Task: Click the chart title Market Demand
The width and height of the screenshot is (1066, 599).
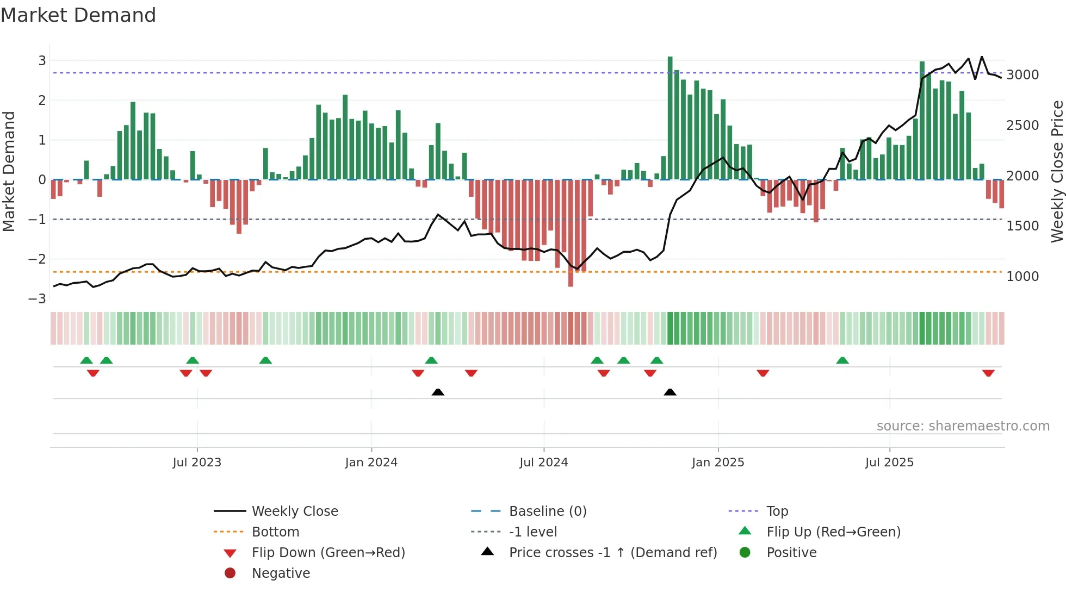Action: [x=78, y=15]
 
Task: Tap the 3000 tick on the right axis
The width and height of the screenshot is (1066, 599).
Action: [x=1022, y=75]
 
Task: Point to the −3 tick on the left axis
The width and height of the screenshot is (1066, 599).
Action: [x=38, y=299]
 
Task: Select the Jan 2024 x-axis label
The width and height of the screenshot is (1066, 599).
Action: [x=371, y=463]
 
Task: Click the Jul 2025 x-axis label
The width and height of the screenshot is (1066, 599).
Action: [x=889, y=463]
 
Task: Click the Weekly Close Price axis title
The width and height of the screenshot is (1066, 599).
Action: [x=1057, y=171]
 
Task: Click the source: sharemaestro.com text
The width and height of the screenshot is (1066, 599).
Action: [x=963, y=426]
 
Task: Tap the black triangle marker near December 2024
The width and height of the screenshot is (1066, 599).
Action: [x=670, y=392]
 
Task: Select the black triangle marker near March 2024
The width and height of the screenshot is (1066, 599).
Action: [x=438, y=392]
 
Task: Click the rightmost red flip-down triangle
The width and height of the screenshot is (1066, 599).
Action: [x=988, y=373]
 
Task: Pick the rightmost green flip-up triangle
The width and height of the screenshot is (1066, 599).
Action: [x=842, y=360]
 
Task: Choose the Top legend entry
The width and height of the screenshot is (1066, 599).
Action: [x=777, y=511]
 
